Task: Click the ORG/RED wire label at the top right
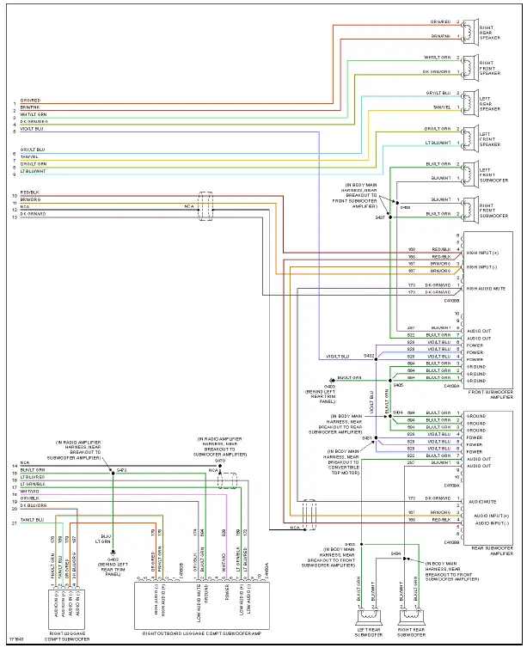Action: pyautogui.click(x=440, y=21)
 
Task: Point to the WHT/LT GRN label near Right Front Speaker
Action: pyautogui.click(x=438, y=58)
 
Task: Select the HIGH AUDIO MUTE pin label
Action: pyautogui.click(x=485, y=289)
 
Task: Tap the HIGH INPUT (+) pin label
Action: pyautogui.click(x=483, y=253)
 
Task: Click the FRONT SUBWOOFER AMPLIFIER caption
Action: pyautogui.click(x=488, y=395)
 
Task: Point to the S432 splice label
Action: pyautogui.click(x=369, y=354)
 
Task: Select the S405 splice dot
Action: pyautogui.click(x=390, y=377)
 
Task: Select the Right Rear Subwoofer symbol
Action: pyautogui.click(x=409, y=615)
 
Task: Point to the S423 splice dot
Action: pyautogui.click(x=113, y=472)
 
